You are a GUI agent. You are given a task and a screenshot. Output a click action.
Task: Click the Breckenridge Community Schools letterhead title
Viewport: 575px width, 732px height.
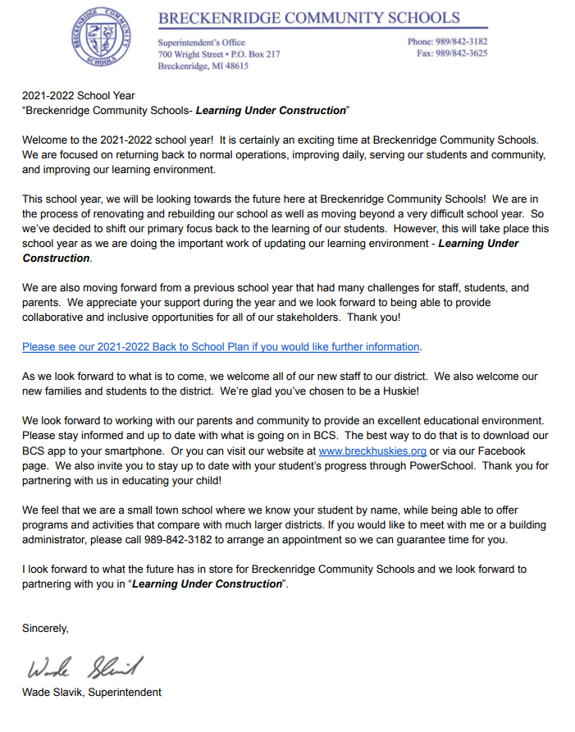(x=308, y=17)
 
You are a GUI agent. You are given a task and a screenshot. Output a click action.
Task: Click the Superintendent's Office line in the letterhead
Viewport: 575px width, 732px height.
(x=201, y=43)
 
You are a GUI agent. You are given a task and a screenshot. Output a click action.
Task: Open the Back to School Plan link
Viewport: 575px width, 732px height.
(x=221, y=346)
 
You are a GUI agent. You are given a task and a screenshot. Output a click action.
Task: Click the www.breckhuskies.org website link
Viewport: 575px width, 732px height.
(x=372, y=451)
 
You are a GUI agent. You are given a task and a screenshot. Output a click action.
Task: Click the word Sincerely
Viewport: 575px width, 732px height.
(x=45, y=628)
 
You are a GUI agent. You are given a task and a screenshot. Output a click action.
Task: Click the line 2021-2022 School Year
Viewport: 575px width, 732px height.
(x=79, y=96)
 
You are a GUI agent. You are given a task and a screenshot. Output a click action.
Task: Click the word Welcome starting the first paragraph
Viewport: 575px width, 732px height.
(x=47, y=140)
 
